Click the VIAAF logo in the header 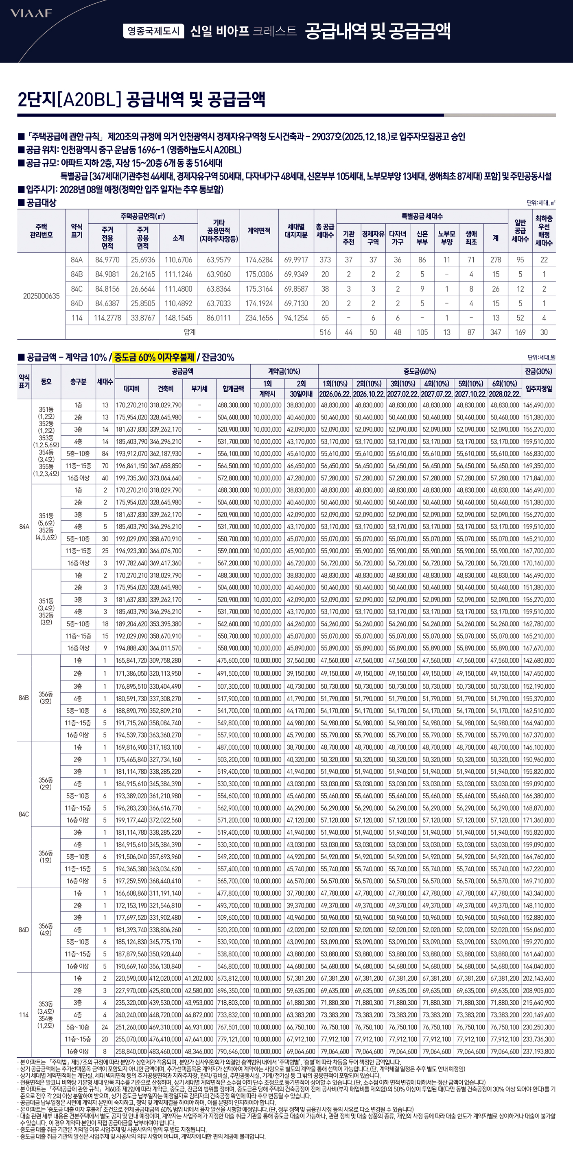pyautogui.click(x=31, y=13)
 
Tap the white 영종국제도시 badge pyautogui.click(x=153, y=31)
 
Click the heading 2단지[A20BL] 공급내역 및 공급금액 pyautogui.click(x=141, y=99)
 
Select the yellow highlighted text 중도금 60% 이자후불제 pyautogui.click(x=154, y=357)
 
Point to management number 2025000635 pyautogui.click(x=41, y=296)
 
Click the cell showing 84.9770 pyautogui.click(x=107, y=260)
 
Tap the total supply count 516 pyautogui.click(x=325, y=332)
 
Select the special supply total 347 pyautogui.click(x=495, y=332)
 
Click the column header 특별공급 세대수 pyautogui.click(x=422, y=216)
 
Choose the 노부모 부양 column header pyautogui.click(x=446, y=238)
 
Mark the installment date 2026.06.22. pyautogui.click(x=335, y=394)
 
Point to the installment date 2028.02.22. pyautogui.click(x=505, y=394)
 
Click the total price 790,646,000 pyautogui.click(x=233, y=1052)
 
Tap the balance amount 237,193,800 pyautogui.click(x=538, y=1052)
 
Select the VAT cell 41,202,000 pyautogui.click(x=199, y=978)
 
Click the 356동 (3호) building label pyautogui.click(x=46, y=698)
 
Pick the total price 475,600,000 pyautogui.click(x=233, y=661)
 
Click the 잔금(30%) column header pyautogui.click(x=538, y=371)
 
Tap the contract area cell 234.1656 pyautogui.click(x=259, y=318)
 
